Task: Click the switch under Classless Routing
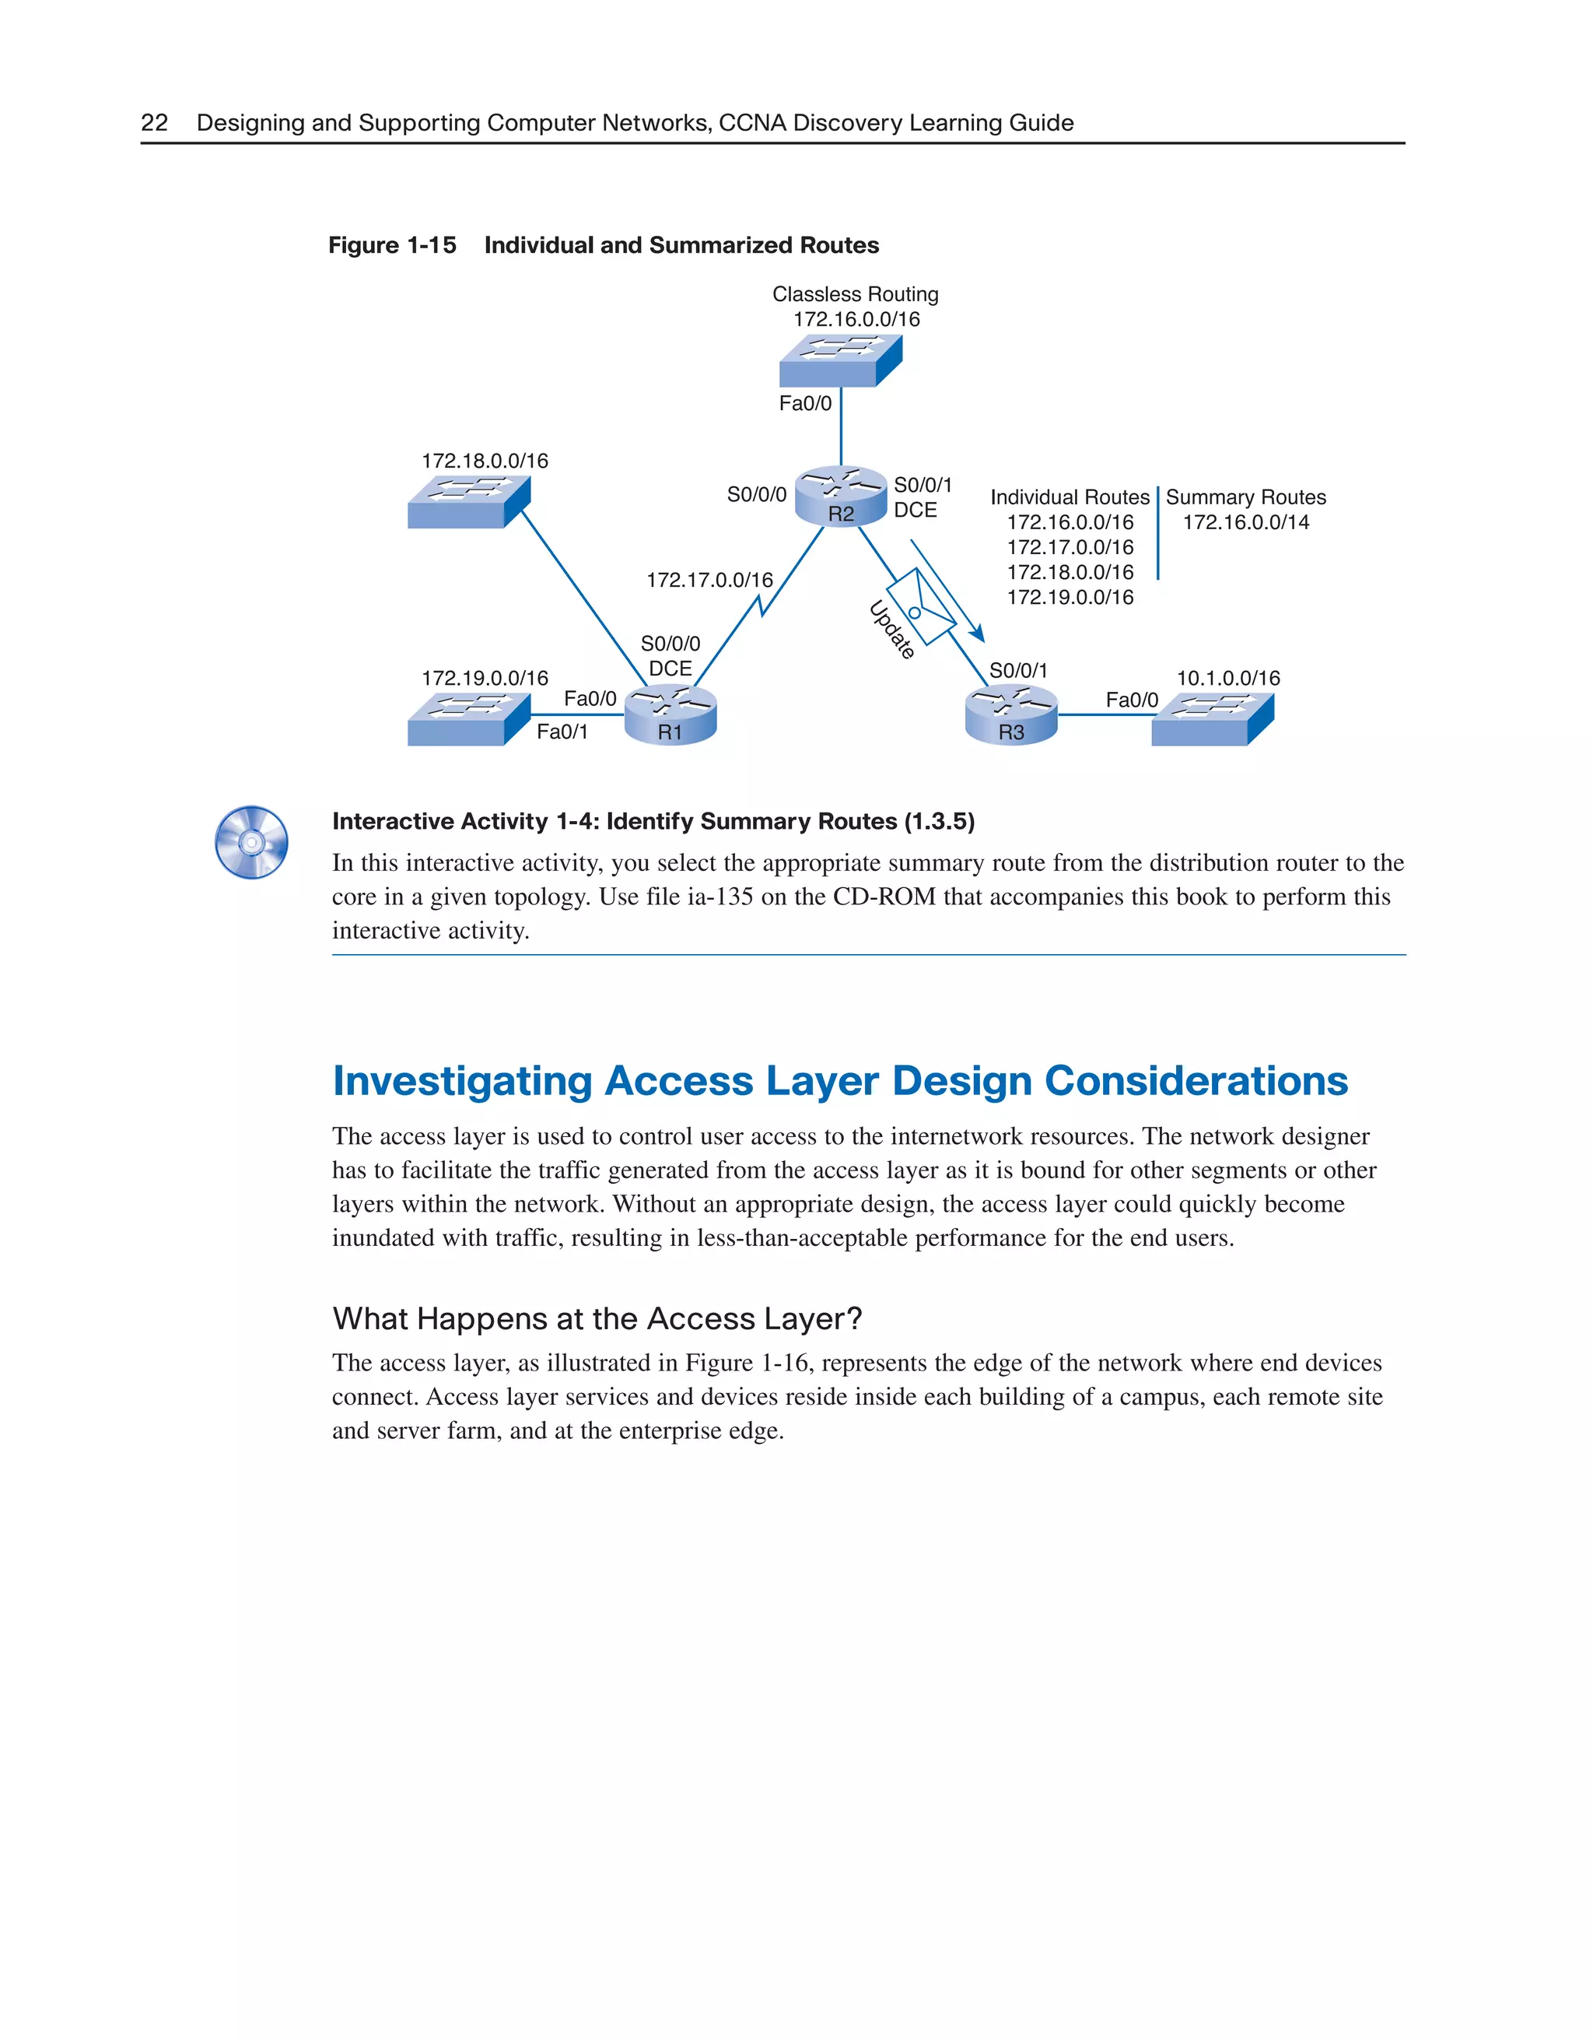tap(840, 360)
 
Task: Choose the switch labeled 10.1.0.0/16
tap(1212, 719)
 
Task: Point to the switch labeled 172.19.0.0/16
tap(468, 719)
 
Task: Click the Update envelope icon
tap(920, 607)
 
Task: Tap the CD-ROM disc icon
tap(251, 842)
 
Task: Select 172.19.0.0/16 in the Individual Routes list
tap(1070, 598)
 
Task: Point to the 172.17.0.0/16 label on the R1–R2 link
tap(709, 581)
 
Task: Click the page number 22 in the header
tap(154, 123)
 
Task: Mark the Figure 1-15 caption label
tap(392, 246)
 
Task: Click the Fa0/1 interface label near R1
tap(562, 732)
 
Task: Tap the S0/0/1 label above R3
tap(1018, 670)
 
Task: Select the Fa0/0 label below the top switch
tap(804, 403)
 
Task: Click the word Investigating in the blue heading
tap(462, 1081)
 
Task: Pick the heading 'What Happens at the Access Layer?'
tap(597, 1318)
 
